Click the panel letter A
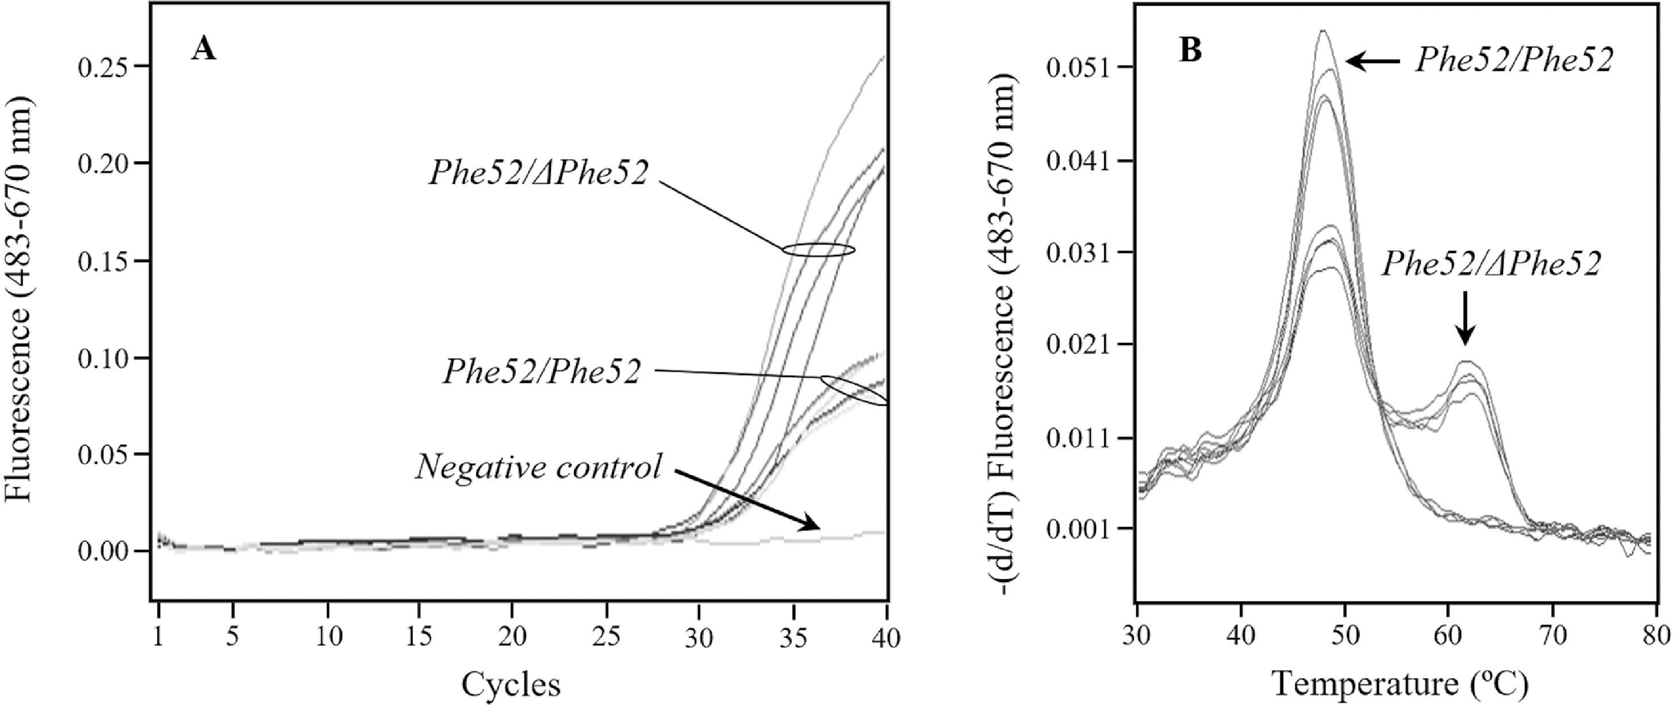pos(203,49)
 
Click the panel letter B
pos(1191,50)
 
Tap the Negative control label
pos(539,467)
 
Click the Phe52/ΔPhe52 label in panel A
pos(538,174)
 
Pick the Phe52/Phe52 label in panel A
pos(541,372)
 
